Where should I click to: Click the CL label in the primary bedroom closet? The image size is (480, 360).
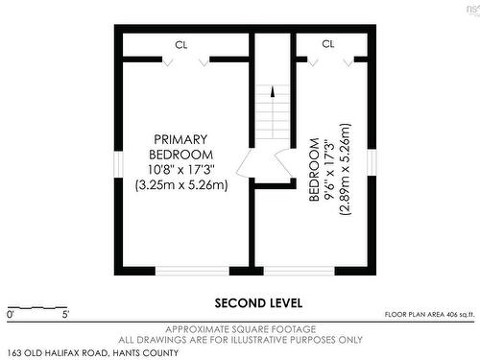coord(181,45)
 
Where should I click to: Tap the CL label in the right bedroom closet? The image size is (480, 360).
coord(328,44)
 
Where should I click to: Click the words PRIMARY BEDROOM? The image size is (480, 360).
coord(180,147)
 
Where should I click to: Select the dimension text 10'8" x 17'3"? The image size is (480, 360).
coord(181,169)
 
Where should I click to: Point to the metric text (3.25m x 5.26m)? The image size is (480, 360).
coord(181,185)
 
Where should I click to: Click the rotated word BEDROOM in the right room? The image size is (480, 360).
coord(315,170)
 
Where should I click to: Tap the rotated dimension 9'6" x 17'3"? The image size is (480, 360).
coord(329,170)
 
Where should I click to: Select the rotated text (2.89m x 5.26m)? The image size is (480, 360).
coord(346,169)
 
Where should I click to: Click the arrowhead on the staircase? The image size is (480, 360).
coord(273,91)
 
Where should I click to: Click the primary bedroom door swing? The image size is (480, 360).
coord(244,162)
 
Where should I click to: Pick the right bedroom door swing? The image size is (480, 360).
coord(283,161)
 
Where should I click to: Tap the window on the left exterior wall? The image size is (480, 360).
coord(119,164)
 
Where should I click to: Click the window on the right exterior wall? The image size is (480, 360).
coord(372,162)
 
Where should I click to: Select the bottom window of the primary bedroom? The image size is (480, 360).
coord(192,271)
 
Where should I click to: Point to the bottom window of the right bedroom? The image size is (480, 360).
coord(299,271)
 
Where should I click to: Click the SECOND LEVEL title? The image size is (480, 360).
coord(258,303)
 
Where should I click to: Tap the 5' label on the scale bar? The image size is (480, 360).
coord(65,315)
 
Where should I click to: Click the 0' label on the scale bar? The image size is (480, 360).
coord(11,315)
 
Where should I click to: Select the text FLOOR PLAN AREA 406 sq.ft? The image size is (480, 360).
coord(430,315)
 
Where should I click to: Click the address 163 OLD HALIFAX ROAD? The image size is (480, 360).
coord(58,353)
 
